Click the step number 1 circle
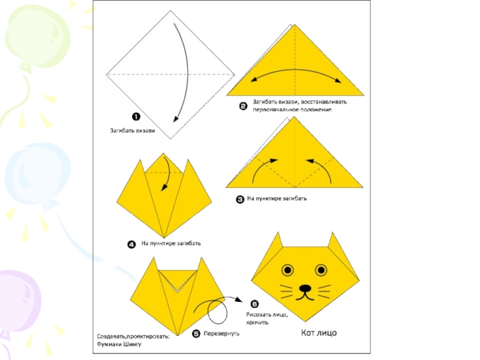click(x=136, y=116)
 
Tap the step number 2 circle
click(x=243, y=107)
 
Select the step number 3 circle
click(x=239, y=200)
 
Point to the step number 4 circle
click(x=131, y=244)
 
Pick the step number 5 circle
click(x=196, y=334)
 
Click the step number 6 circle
click(x=254, y=304)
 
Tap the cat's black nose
click(x=305, y=289)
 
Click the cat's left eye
click(x=287, y=270)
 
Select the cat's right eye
click(x=321, y=270)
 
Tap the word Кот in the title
click(x=308, y=333)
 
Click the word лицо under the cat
click(x=327, y=333)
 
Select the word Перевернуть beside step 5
click(x=221, y=334)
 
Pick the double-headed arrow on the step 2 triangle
click(x=295, y=70)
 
